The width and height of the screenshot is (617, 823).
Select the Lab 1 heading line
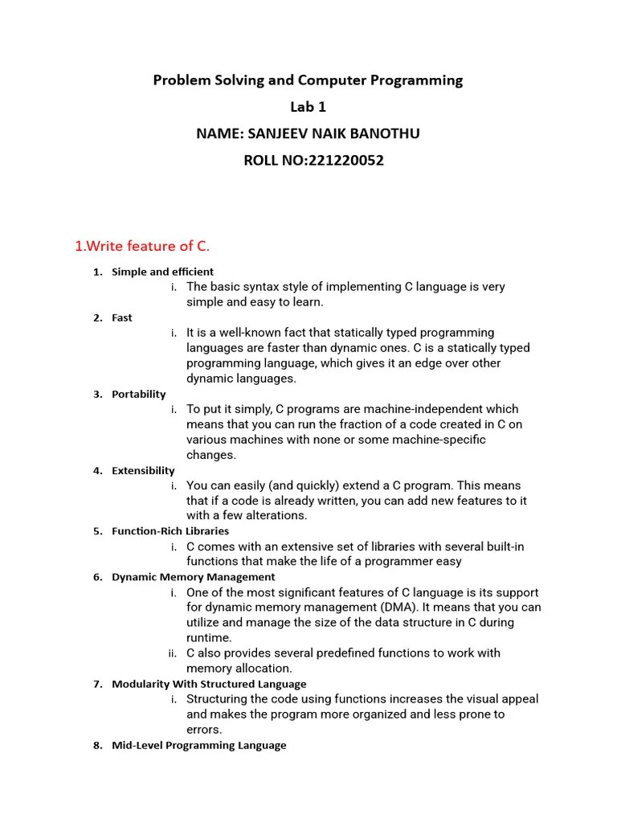308,107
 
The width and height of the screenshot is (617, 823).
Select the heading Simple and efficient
162,272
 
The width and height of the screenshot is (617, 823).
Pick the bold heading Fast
122,317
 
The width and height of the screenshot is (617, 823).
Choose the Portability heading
139,394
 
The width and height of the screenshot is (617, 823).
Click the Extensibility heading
143,470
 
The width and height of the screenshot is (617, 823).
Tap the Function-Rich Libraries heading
170,531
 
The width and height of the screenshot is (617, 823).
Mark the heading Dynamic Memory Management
193,577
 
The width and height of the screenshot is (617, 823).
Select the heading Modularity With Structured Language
209,684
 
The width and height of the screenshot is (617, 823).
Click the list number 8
97,745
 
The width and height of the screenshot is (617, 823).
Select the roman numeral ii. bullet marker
173,653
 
